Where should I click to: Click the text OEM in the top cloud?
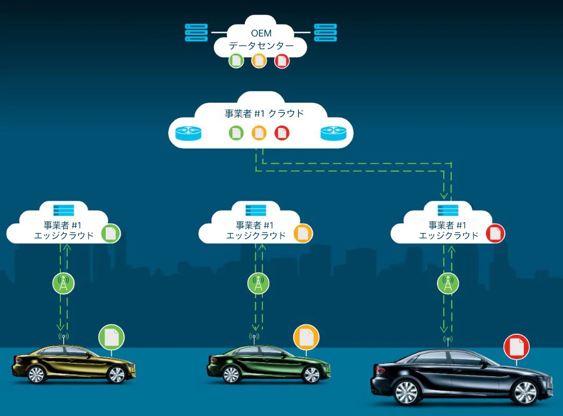tap(261, 34)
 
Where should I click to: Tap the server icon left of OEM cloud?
tap(197, 32)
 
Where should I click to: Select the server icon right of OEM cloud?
tap(325, 32)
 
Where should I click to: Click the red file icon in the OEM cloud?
tap(282, 60)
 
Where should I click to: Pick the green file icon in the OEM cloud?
tap(236, 60)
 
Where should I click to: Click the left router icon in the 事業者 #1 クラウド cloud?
tap(188, 133)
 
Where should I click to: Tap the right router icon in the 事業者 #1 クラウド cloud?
tap(333, 133)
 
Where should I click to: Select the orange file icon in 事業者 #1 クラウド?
tap(259, 133)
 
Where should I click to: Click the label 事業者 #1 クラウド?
tap(264, 114)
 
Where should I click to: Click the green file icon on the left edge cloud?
tap(110, 233)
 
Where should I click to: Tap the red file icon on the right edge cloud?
tap(495, 233)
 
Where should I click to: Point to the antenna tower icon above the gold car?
tap(64, 284)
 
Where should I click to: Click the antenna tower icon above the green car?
tap(258, 284)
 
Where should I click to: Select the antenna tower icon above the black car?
tap(448, 284)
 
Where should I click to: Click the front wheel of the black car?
tap(524, 391)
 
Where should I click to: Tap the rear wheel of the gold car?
tap(36, 374)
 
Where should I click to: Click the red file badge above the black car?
tap(516, 346)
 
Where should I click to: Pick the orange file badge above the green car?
tap(306, 337)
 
